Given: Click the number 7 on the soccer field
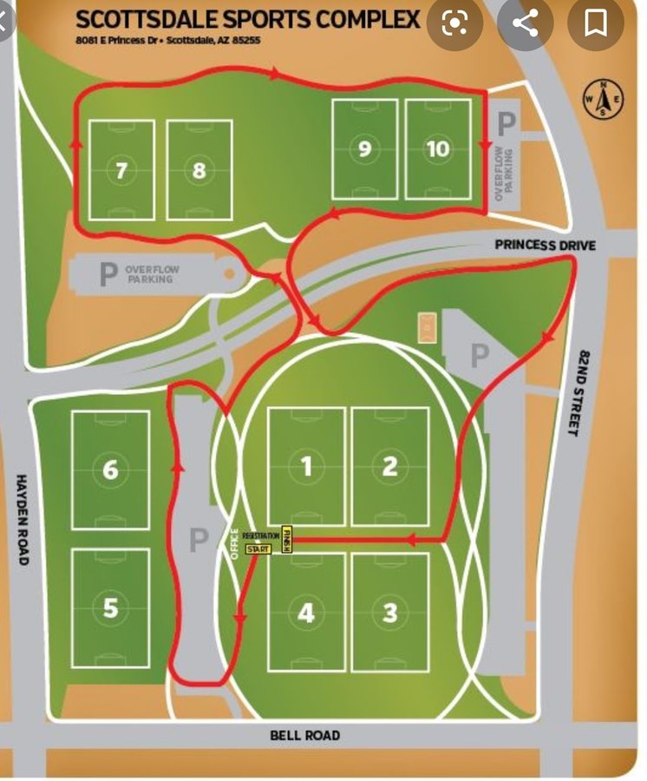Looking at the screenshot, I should point(121,170).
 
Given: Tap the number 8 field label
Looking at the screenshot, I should point(199,170).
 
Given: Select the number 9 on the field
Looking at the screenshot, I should point(364,149).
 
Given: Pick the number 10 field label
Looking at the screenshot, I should point(438,149).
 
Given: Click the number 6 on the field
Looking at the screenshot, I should point(110,469).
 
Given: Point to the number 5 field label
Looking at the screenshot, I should point(110,607).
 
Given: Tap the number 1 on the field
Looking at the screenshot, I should point(306,467).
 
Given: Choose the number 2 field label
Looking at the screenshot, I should point(389,467).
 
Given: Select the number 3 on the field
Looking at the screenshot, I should point(389,613).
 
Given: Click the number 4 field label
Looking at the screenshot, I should point(306,613).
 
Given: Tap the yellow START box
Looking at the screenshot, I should point(258,549).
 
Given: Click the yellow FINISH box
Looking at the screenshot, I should point(287,540).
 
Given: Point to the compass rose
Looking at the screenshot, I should point(605,98).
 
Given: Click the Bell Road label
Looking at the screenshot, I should point(304,736).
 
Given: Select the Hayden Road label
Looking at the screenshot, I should point(22,520).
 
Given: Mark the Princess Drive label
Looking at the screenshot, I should point(545,246).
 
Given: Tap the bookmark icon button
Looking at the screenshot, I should point(596,23).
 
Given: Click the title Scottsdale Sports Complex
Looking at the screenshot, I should point(248,20).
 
